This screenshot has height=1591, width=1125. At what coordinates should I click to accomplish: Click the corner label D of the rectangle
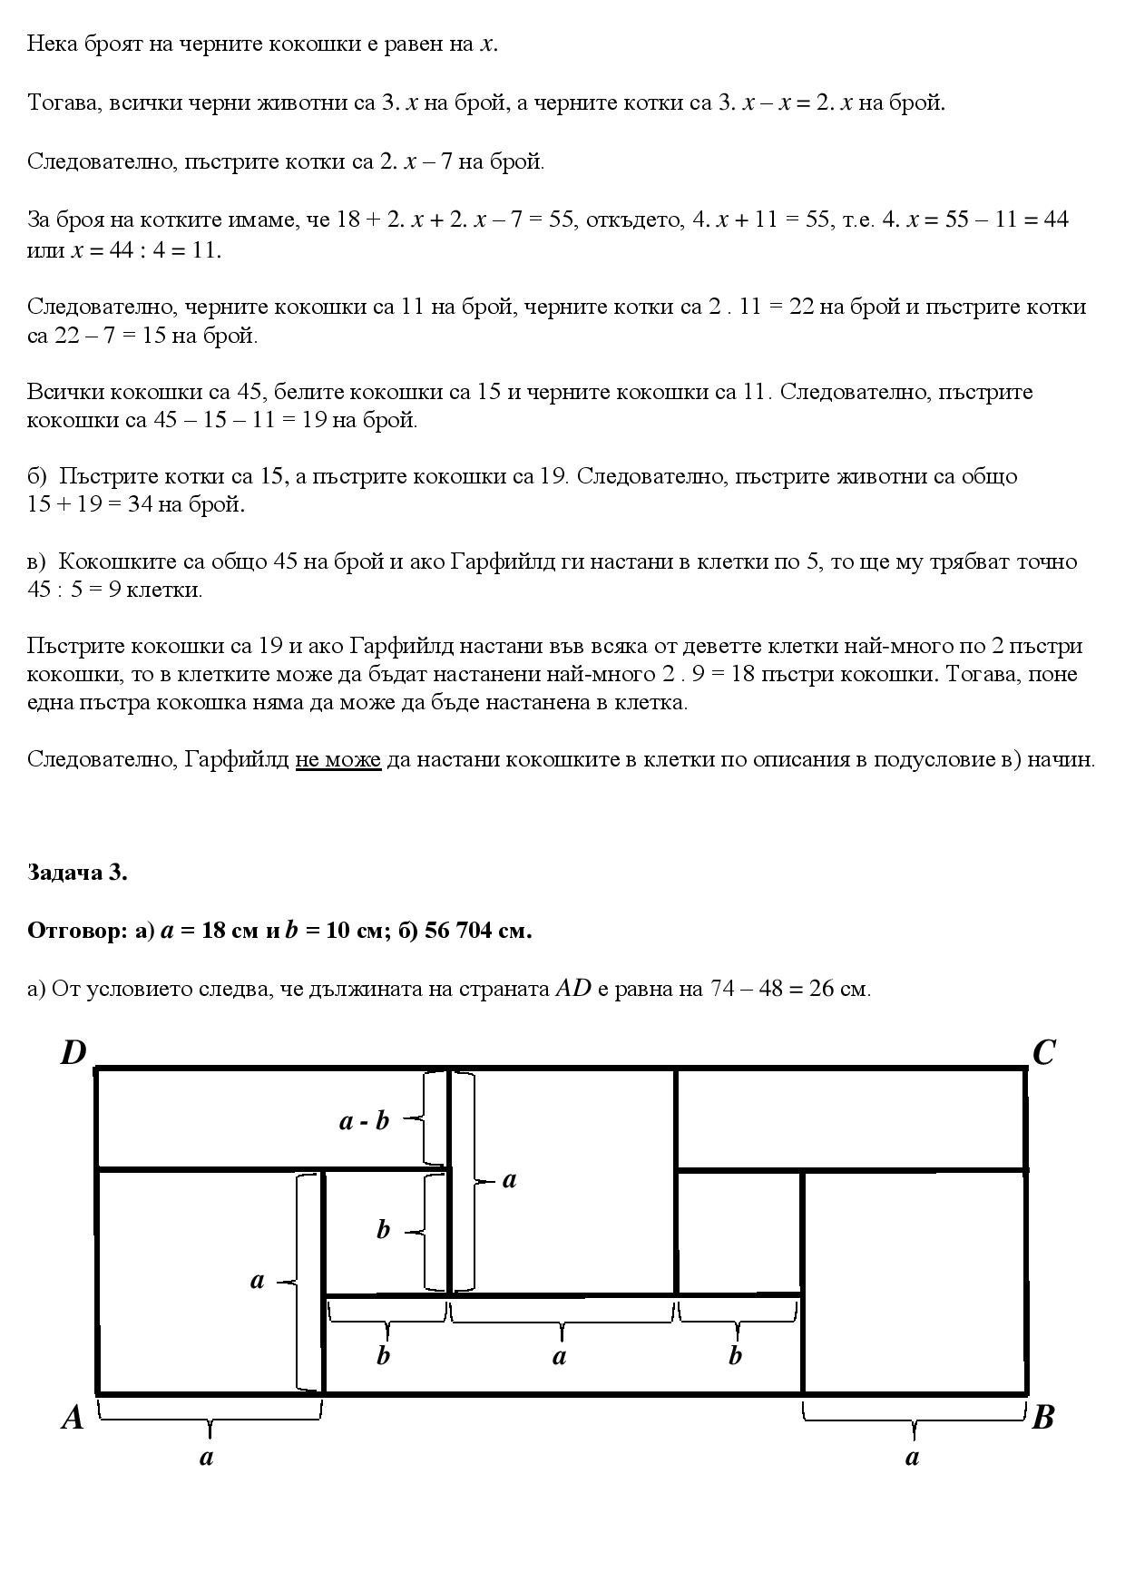point(73,1053)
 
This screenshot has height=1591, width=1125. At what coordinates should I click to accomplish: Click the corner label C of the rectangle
point(1043,1053)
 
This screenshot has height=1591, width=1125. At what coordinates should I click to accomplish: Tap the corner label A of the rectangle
point(73,1417)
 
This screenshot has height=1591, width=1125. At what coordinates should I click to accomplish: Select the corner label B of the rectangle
point(1043,1417)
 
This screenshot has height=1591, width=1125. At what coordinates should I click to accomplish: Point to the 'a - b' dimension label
point(364,1121)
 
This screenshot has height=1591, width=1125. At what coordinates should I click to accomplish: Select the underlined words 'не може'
point(337,759)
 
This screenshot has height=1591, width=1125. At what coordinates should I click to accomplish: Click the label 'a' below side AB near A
point(207,1457)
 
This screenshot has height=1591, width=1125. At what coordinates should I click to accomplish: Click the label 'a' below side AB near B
point(913,1457)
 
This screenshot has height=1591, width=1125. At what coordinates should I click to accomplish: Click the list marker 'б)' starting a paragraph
point(37,476)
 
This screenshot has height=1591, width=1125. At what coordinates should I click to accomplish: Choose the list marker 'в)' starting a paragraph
point(37,561)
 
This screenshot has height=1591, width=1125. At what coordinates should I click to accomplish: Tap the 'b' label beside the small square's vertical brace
point(383,1230)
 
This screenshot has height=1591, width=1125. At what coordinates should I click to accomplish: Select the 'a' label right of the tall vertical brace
point(509,1179)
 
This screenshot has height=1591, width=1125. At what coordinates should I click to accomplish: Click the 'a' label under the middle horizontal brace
point(560,1356)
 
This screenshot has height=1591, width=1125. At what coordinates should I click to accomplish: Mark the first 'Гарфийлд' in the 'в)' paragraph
point(496,561)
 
